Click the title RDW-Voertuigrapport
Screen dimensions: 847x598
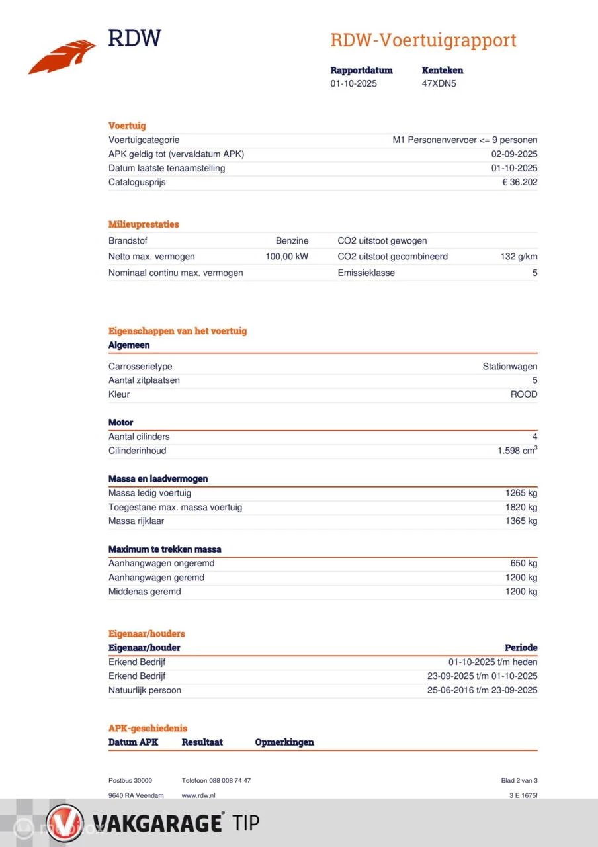click(423, 40)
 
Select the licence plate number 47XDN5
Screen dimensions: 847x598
click(439, 84)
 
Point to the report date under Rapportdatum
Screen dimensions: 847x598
click(354, 84)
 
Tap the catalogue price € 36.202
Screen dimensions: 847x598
click(520, 183)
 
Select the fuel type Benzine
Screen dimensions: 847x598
click(292, 241)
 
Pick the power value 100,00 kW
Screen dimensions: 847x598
click(286, 257)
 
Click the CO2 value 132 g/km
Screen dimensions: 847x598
click(519, 257)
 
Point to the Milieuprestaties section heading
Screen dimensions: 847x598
click(144, 224)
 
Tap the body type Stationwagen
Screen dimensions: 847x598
click(509, 367)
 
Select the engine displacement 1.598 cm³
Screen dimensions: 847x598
click(517, 451)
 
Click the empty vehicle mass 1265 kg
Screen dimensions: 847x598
click(521, 493)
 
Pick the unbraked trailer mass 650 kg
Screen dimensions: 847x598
click(524, 564)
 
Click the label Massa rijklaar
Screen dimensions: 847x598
click(136, 521)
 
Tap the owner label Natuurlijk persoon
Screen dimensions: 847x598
click(145, 691)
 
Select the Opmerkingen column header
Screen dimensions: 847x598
click(284, 742)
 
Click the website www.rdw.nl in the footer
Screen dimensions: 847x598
click(198, 795)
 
